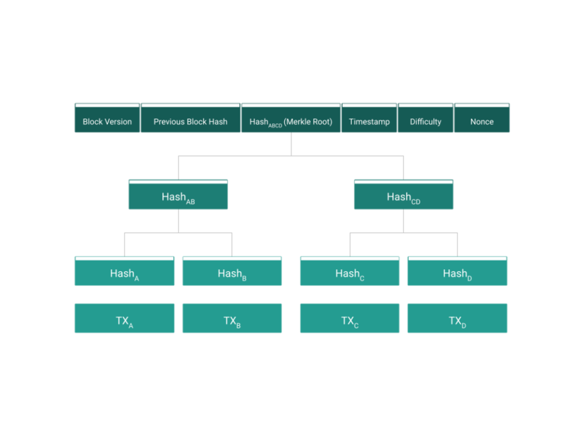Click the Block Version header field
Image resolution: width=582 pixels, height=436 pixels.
(107, 121)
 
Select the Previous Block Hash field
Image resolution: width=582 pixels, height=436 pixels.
(190, 121)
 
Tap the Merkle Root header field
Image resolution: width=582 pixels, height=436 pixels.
(291, 121)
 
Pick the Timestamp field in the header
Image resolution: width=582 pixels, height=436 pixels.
(369, 121)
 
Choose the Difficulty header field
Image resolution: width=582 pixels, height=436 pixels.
(426, 121)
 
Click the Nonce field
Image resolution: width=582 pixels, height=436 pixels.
(482, 121)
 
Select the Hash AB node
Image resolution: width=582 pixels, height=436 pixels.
(178, 196)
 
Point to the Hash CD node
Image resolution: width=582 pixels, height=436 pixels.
(404, 196)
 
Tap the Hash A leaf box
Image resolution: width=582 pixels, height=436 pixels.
(124, 273)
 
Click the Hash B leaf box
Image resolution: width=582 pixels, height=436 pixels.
(232, 273)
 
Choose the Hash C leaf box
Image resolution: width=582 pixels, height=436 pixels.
(350, 273)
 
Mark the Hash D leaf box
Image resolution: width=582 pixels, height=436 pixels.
(457, 273)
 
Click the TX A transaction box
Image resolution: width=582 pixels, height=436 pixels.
(124, 320)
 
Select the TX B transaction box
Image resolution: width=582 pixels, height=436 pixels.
(232, 320)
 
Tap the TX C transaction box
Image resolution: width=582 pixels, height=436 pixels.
(350, 320)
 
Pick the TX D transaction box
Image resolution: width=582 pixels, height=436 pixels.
(457, 320)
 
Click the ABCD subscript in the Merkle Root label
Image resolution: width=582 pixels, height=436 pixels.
(275, 125)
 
